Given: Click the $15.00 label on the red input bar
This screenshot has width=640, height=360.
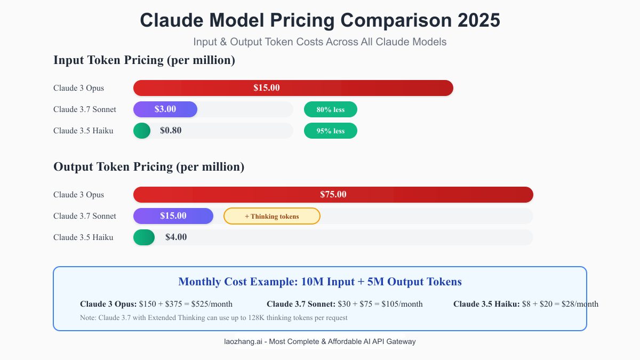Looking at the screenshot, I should [267, 88].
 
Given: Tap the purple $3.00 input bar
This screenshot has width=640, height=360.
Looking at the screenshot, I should [165, 109].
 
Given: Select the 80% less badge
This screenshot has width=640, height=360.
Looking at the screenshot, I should [331, 109].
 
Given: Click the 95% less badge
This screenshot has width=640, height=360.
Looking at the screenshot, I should [331, 131].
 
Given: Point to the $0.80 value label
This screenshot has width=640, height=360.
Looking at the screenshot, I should [171, 131].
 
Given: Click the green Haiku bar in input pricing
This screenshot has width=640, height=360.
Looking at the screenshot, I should [142, 131].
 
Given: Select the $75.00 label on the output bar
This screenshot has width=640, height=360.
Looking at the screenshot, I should [333, 195].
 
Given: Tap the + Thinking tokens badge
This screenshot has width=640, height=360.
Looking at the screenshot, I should [272, 216].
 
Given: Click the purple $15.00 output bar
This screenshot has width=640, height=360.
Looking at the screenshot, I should [173, 216].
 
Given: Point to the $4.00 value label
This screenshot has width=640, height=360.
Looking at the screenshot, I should [176, 237].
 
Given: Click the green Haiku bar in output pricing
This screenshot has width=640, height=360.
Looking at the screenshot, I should [144, 237].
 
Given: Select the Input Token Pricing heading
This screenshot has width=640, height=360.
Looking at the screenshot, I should [144, 60].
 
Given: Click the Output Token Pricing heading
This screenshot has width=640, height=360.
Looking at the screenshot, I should [149, 167].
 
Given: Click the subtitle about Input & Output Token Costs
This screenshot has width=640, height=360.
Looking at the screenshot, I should [320, 42].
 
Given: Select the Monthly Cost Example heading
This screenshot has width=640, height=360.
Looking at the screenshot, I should [320, 282].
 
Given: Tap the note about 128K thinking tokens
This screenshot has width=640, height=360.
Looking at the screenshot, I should [213, 317].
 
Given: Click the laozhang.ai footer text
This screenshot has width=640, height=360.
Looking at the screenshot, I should [320, 341].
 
